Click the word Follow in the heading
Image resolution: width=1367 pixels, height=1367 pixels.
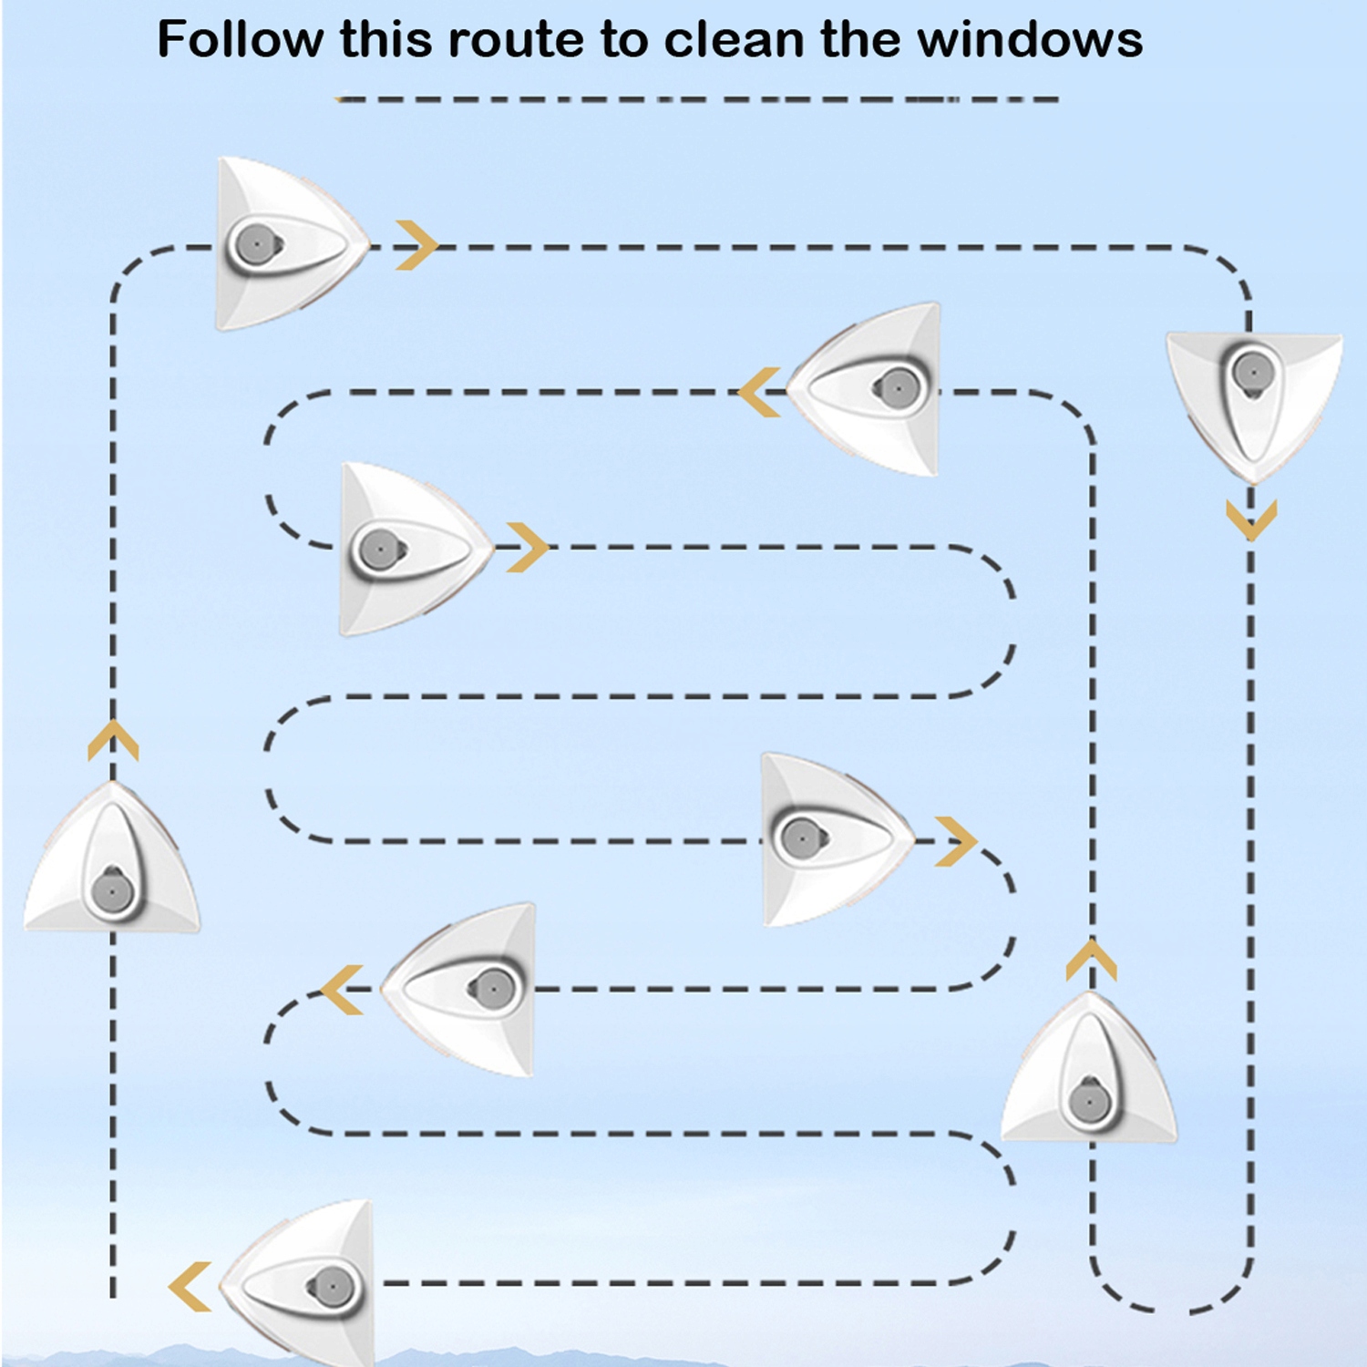tap(240, 40)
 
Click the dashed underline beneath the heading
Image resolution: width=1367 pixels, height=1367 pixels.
tap(697, 98)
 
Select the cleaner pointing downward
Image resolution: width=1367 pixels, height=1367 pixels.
tap(1254, 401)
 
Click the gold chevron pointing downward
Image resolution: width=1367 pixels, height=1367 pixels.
tap(1251, 519)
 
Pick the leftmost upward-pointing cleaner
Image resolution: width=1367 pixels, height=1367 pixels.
tap(112, 861)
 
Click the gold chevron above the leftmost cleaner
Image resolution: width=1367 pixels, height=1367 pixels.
tap(113, 740)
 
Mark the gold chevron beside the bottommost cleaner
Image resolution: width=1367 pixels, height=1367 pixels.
tap(190, 1286)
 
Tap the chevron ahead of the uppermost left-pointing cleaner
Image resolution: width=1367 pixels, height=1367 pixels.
tap(760, 392)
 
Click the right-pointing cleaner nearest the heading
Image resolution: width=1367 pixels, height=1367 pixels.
tap(287, 244)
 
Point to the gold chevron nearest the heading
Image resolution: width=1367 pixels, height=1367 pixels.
tap(416, 245)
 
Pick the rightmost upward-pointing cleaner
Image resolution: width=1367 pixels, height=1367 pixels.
tap(1089, 1071)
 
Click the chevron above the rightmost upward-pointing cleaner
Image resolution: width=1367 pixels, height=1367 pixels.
tap(1091, 961)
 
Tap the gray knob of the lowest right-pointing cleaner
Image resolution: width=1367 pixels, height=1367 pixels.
tap(801, 838)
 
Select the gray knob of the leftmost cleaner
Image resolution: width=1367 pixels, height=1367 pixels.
tap(112, 890)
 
